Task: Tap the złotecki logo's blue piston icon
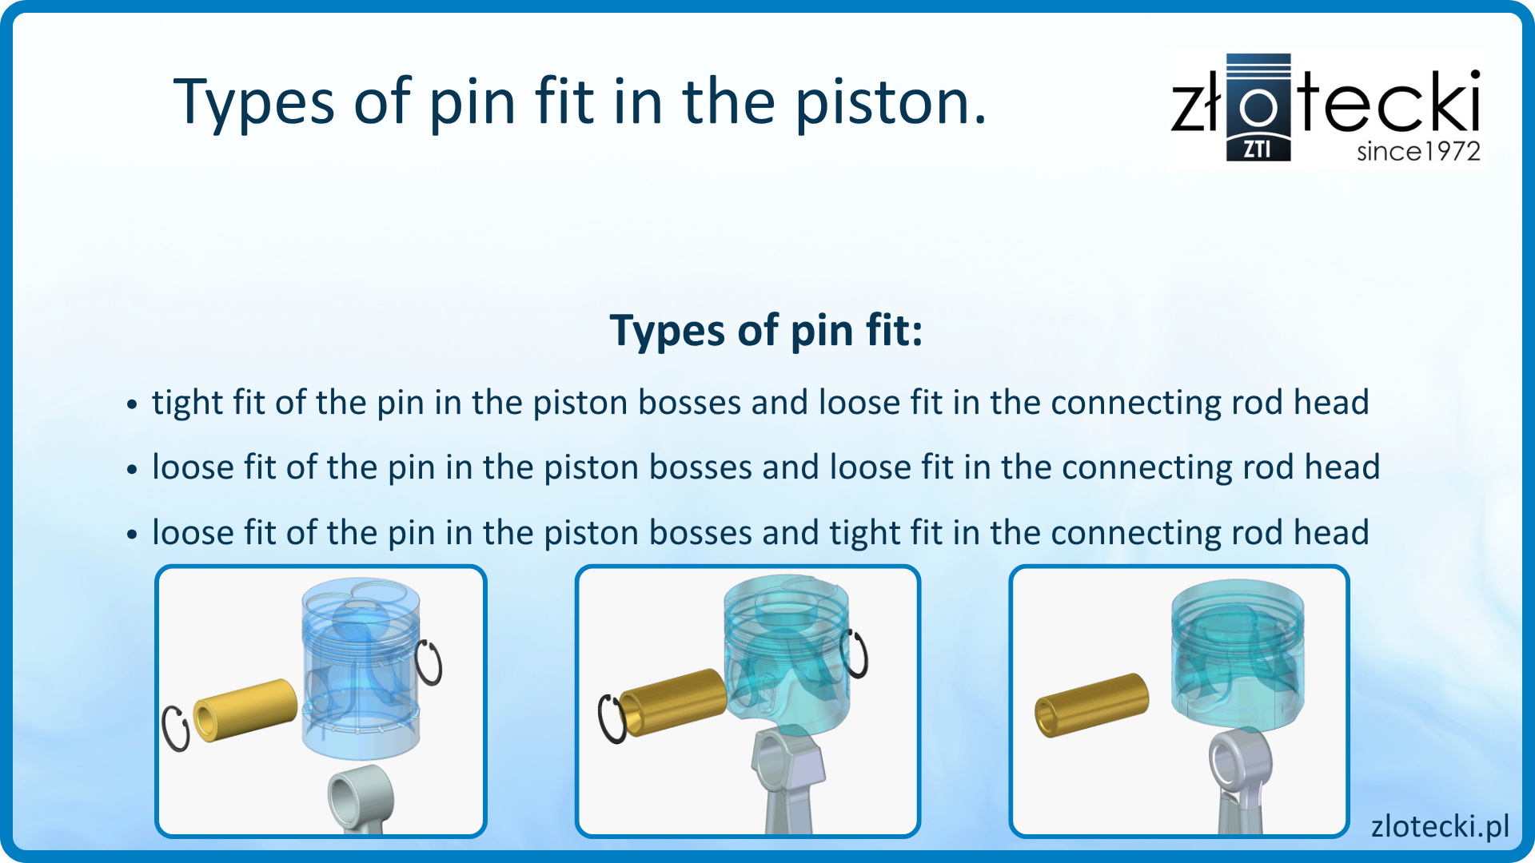click(x=1258, y=107)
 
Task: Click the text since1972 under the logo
click(x=1418, y=151)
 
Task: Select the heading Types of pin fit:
click(x=766, y=331)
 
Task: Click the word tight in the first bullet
click(x=187, y=402)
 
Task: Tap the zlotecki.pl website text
click(x=1440, y=826)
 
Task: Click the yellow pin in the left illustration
click(x=245, y=710)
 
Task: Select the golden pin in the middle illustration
click(x=673, y=701)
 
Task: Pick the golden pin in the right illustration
click(x=1091, y=704)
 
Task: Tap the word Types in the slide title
click(x=254, y=104)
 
